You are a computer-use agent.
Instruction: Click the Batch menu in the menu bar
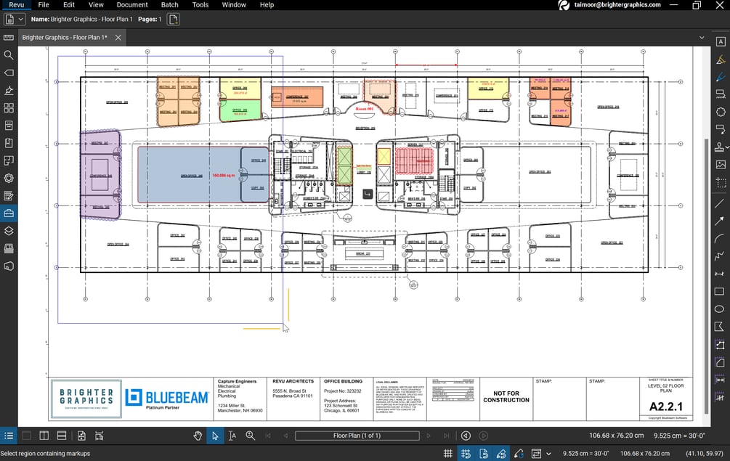(x=169, y=5)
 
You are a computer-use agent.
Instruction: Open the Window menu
(x=234, y=5)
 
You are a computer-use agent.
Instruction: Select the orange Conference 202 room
(x=296, y=98)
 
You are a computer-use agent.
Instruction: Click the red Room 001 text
(x=364, y=108)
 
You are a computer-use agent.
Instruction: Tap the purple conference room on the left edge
(x=100, y=175)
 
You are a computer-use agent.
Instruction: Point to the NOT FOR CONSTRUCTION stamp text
(x=506, y=397)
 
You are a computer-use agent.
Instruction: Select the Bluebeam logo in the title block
(x=166, y=398)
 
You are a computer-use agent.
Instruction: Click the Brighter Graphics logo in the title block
(x=86, y=398)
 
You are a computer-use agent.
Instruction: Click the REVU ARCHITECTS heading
(x=293, y=381)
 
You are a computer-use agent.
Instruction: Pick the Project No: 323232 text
(x=342, y=391)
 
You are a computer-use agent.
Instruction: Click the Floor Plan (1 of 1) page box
(x=357, y=436)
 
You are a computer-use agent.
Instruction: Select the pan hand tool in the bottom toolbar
(x=197, y=436)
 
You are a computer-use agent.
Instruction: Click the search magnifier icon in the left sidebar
(x=9, y=55)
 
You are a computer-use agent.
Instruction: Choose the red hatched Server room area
(x=414, y=159)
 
